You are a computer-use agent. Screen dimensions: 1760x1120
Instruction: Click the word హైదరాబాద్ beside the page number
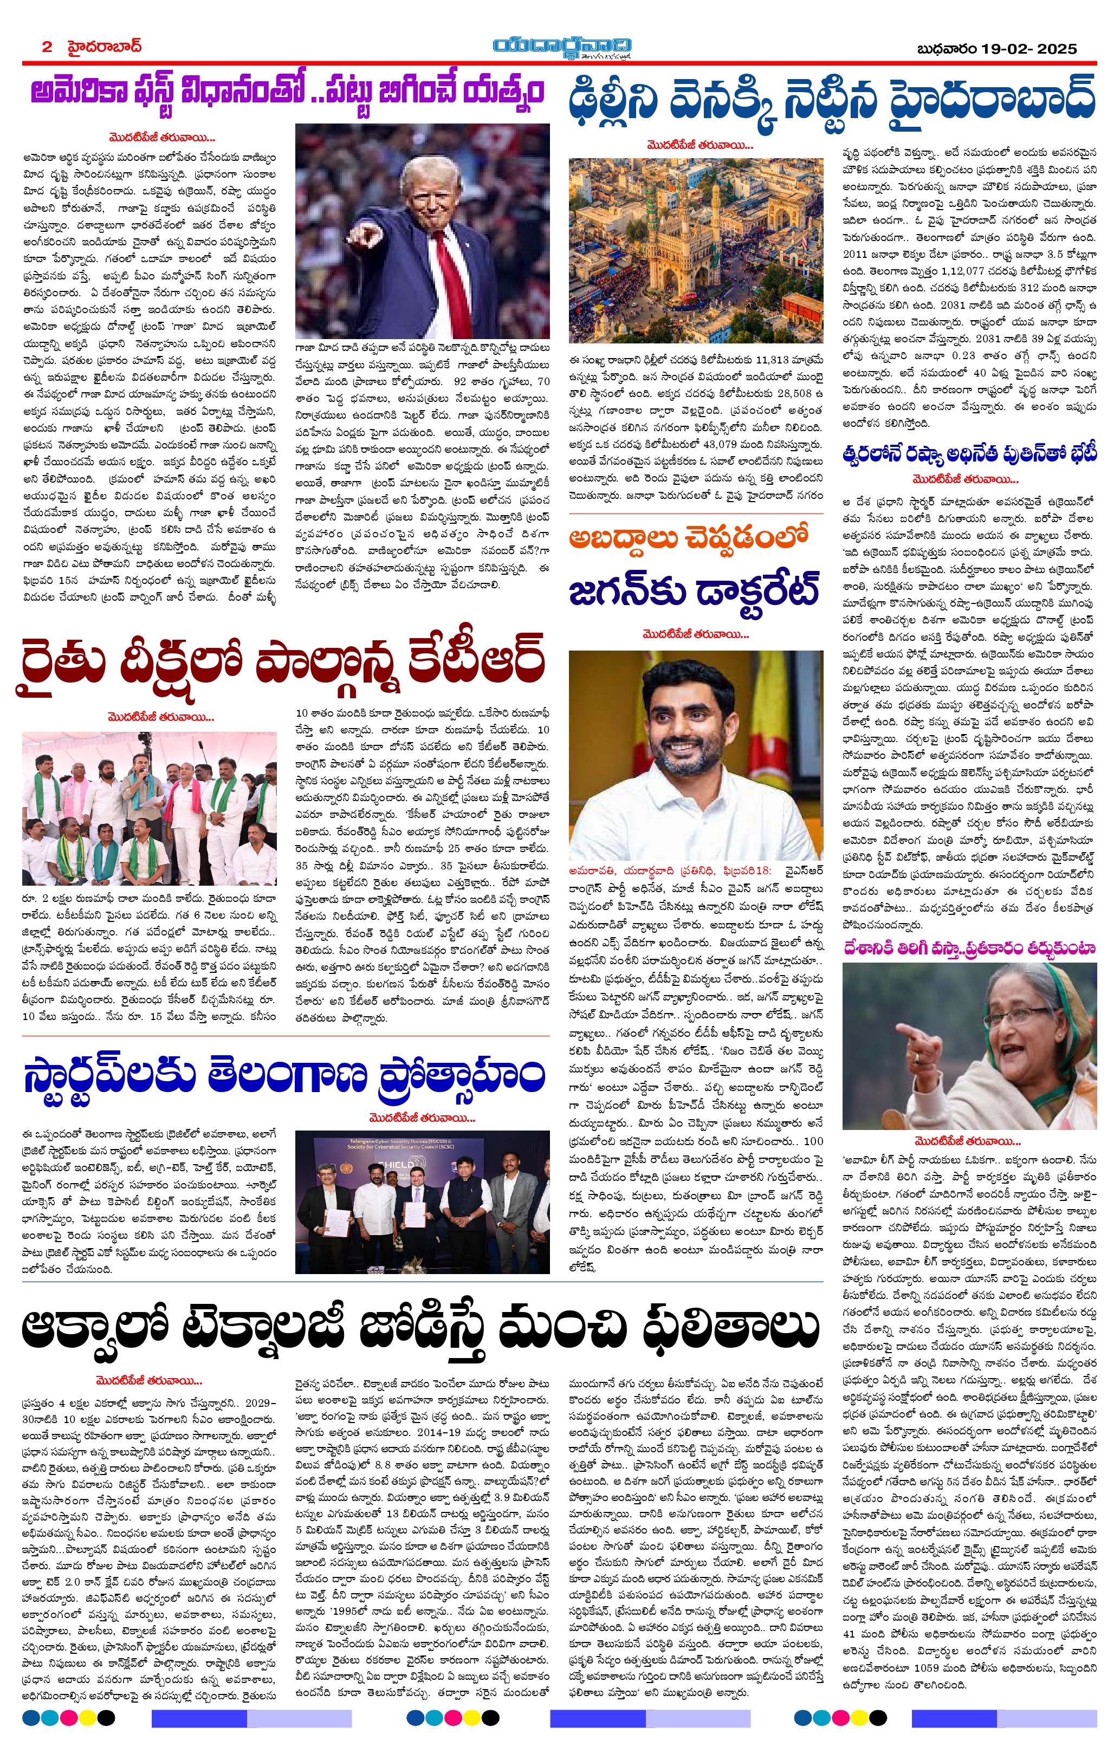pos(105,47)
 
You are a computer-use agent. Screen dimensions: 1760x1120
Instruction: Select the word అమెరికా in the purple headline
pos(80,93)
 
